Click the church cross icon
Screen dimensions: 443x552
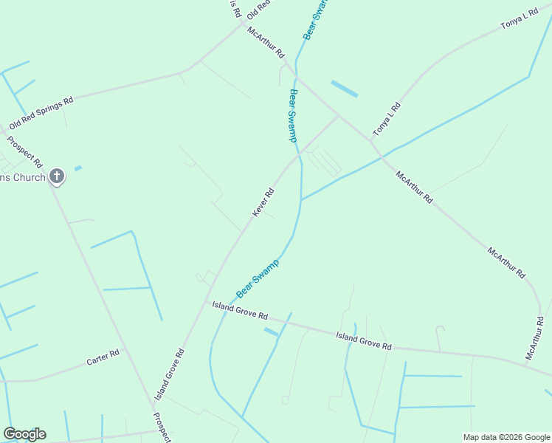(x=57, y=176)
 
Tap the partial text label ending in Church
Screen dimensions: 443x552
(x=23, y=177)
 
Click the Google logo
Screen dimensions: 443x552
(x=24, y=434)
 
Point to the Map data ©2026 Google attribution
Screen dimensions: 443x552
(x=506, y=437)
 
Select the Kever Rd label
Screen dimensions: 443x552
(x=263, y=202)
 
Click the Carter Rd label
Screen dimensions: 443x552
(x=103, y=358)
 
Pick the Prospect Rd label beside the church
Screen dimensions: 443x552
(x=25, y=151)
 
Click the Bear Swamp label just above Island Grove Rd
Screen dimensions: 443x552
(x=258, y=279)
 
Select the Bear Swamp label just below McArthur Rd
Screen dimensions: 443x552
(x=293, y=115)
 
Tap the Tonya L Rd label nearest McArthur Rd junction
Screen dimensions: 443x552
(x=386, y=119)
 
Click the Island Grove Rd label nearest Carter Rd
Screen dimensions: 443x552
(x=169, y=375)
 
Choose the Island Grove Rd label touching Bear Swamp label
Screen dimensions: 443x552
(x=240, y=309)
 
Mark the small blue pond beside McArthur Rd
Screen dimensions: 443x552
(x=345, y=89)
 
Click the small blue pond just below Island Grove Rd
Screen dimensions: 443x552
(x=271, y=332)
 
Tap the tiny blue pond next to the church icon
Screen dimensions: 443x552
(x=77, y=168)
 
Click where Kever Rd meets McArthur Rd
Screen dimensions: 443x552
(x=339, y=115)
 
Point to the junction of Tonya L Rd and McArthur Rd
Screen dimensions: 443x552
(x=370, y=140)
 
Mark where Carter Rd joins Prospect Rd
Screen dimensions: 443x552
(x=126, y=351)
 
